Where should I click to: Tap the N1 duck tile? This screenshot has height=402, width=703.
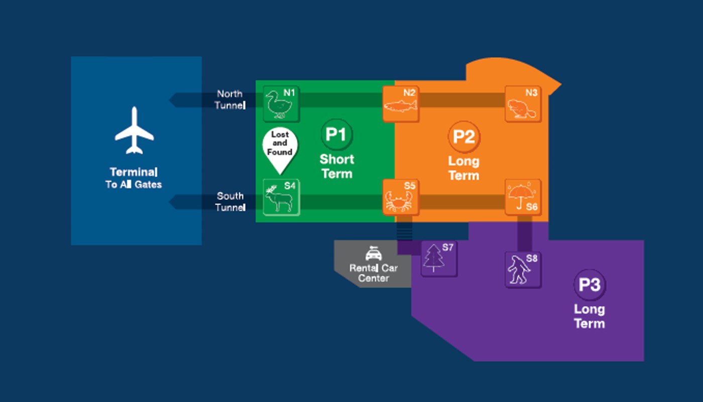[281, 104]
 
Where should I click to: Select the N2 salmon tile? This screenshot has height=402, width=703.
[401, 104]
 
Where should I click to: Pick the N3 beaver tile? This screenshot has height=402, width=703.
[523, 104]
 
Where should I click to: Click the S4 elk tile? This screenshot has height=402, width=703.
[281, 197]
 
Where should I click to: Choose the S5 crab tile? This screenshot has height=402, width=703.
[401, 197]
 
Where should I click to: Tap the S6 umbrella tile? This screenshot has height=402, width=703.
[523, 197]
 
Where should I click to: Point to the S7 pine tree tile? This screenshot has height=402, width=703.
[439, 258]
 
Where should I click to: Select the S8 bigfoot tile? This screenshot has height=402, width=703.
[523, 270]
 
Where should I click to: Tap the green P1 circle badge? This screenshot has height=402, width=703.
[336, 135]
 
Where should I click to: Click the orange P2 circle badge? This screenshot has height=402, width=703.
[464, 137]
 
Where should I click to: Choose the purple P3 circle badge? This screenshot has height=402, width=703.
[590, 285]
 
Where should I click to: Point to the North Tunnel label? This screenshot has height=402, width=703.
[230, 99]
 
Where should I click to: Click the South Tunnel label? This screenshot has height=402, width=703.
[230, 202]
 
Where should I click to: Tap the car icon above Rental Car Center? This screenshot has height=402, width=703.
[374, 253]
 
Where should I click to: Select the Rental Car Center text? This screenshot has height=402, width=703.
[374, 273]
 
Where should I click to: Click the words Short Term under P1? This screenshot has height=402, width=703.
[336, 167]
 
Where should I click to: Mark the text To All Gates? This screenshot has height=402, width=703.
[134, 185]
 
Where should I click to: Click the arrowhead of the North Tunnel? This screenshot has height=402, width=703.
[173, 100]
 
